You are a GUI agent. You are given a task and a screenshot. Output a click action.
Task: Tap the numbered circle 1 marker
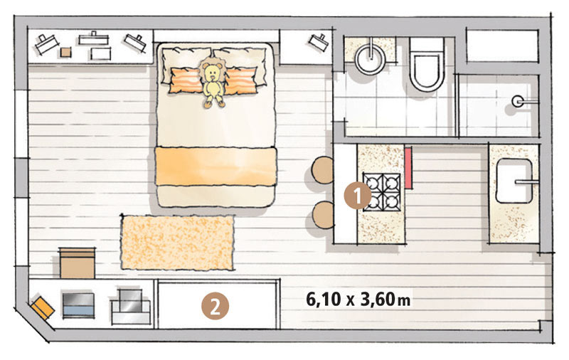click(x=358, y=196)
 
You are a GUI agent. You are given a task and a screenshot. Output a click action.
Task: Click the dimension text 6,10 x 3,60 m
click(x=358, y=300)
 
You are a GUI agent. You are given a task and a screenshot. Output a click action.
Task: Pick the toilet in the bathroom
click(x=427, y=65)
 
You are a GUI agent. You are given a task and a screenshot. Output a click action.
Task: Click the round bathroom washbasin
click(x=370, y=59)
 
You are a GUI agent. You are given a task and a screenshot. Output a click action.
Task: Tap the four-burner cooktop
click(x=382, y=192)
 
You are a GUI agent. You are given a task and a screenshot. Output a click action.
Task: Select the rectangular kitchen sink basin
click(x=514, y=181)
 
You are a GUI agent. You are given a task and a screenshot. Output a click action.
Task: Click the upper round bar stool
click(x=323, y=170)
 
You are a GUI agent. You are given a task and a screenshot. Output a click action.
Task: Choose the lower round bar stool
click(x=324, y=215)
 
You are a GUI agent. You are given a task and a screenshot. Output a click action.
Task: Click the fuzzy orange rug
click(x=177, y=243)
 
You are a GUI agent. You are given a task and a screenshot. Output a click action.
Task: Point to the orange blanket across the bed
click(x=216, y=166)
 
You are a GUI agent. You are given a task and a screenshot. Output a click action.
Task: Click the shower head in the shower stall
click(x=518, y=101)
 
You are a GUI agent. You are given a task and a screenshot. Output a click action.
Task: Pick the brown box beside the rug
click(x=78, y=263)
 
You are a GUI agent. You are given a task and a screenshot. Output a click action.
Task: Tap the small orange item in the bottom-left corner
click(x=43, y=308)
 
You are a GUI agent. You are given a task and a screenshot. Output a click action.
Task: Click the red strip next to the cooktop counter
click(x=408, y=168)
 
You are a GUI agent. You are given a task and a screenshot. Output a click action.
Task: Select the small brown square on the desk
click(x=65, y=53)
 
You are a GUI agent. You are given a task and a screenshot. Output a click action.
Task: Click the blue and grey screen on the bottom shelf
click(x=78, y=305)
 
